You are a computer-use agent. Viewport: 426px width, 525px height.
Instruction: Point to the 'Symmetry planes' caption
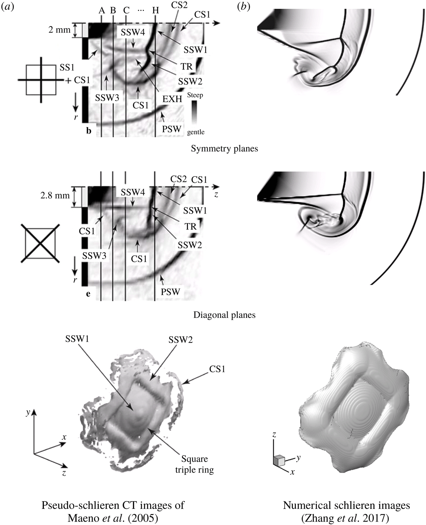point(224,149)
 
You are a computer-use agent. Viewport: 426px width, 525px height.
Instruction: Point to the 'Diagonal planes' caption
point(224,315)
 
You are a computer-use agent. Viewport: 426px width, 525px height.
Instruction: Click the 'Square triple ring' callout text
point(195,464)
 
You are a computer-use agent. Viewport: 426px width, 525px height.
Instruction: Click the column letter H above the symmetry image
point(155,11)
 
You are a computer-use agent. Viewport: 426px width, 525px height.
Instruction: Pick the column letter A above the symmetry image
point(102,11)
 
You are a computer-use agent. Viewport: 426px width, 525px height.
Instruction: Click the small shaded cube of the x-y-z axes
point(279,460)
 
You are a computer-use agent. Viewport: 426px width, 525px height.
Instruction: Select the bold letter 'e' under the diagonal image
point(89,294)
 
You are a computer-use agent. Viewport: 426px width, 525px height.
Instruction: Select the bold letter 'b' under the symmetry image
point(89,131)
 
